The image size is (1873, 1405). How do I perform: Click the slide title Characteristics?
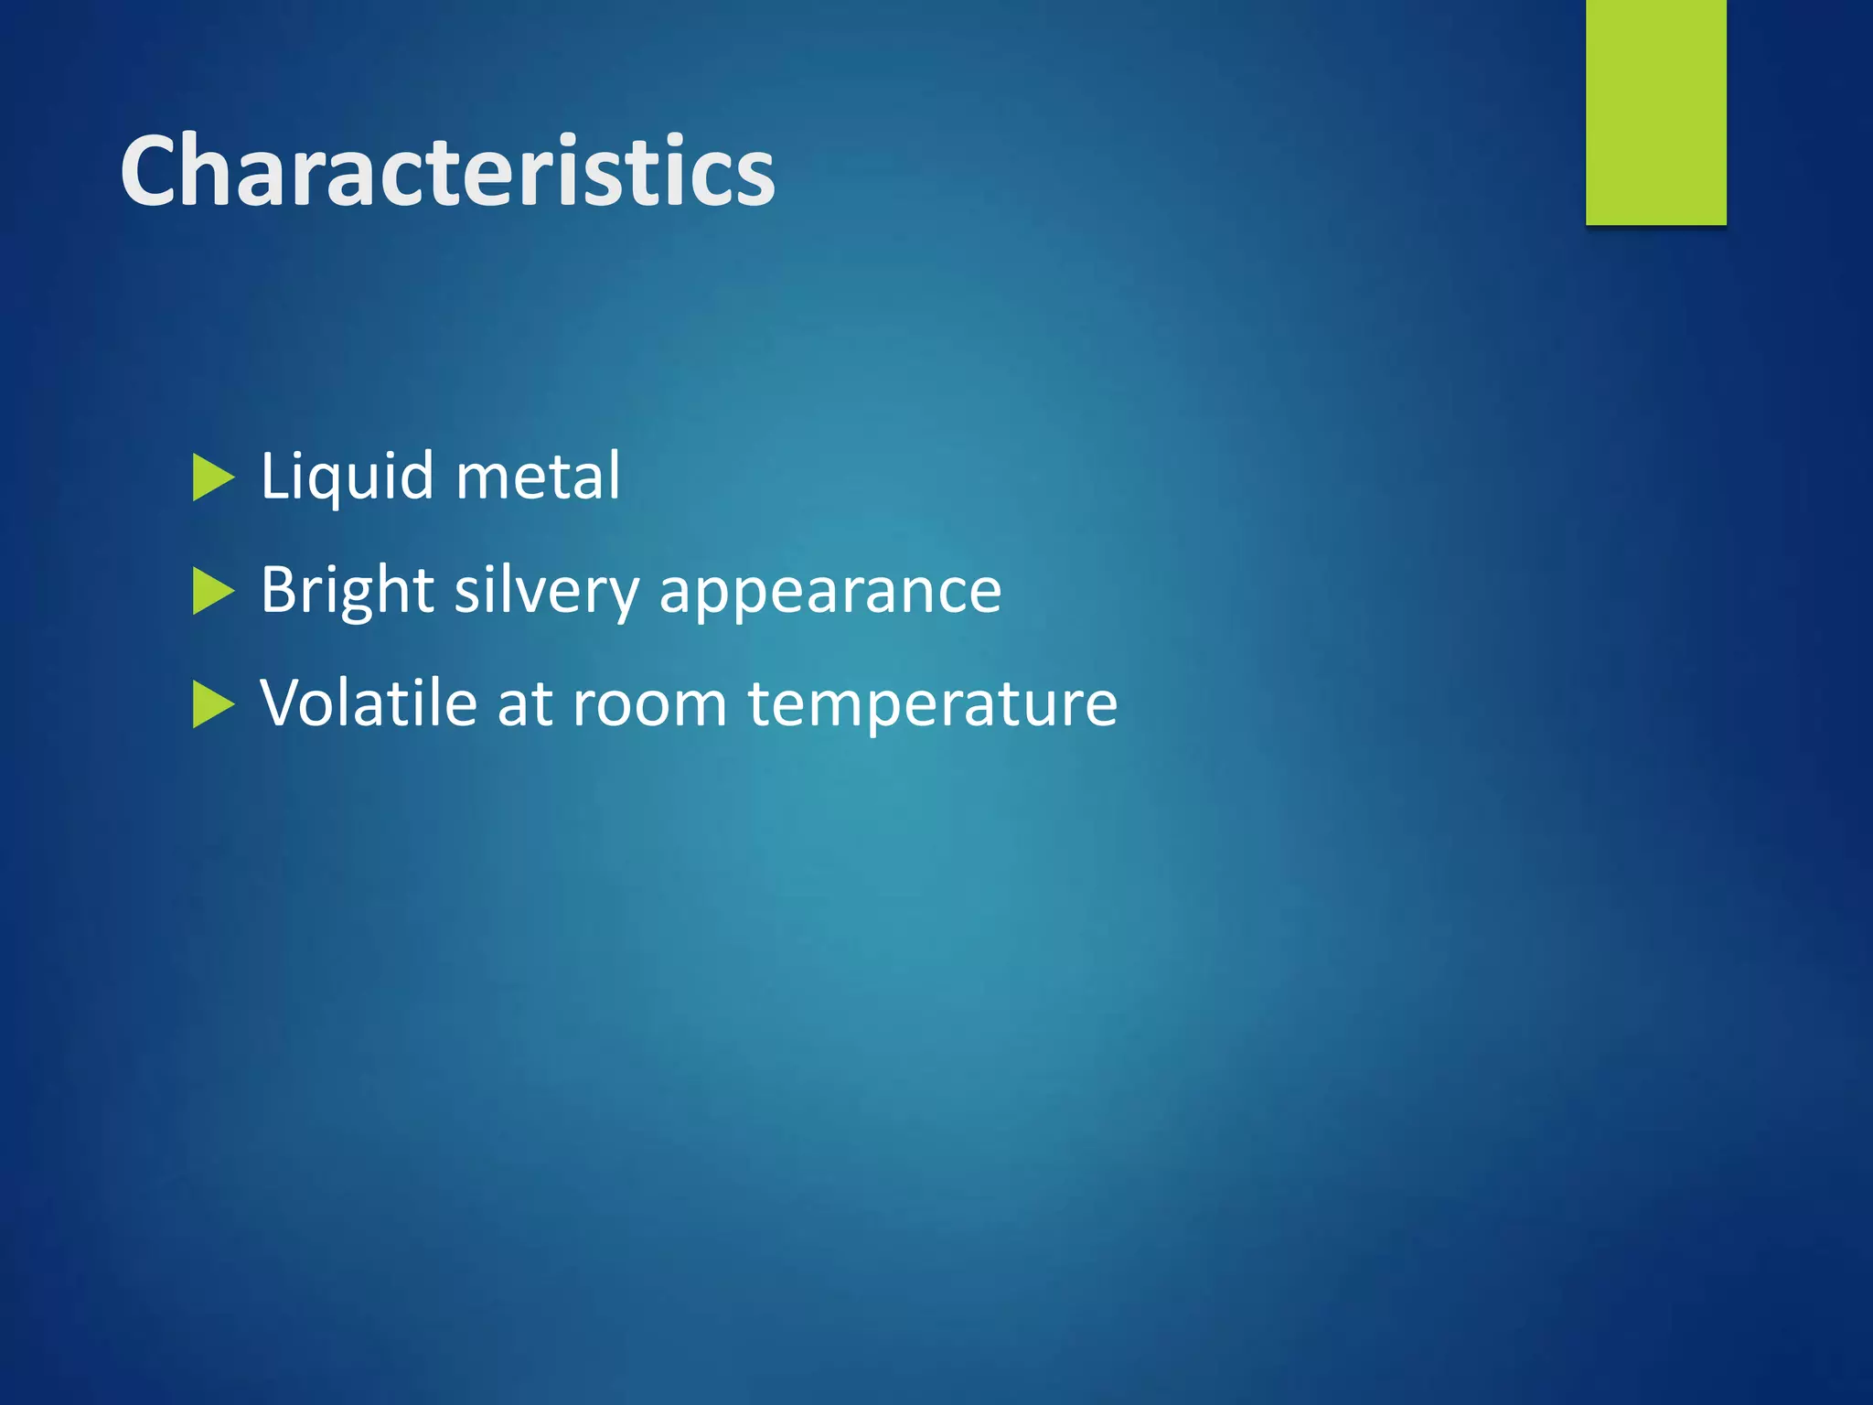pyautogui.click(x=447, y=171)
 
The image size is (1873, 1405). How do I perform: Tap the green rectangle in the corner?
pyautogui.click(x=1655, y=112)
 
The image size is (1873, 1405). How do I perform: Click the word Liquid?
pyautogui.click(x=347, y=477)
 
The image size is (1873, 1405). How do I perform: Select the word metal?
pyautogui.click(x=538, y=477)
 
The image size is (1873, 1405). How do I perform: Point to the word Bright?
pyautogui.click(x=347, y=590)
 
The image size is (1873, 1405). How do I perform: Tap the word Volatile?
pyautogui.click(x=368, y=702)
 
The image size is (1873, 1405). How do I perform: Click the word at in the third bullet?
pyautogui.click(x=525, y=704)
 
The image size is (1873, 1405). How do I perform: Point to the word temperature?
pyautogui.click(x=932, y=704)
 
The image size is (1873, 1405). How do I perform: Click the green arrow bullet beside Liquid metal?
pyautogui.click(x=213, y=478)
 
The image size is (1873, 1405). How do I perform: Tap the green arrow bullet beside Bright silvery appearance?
pyautogui.click(x=213, y=592)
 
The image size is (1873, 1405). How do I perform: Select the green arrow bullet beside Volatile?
pyautogui.click(x=213, y=705)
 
